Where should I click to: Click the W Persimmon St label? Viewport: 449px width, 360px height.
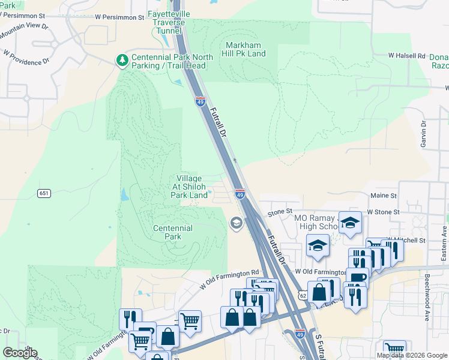(x=120, y=17)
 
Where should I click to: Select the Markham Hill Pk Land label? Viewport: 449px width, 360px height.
(x=246, y=49)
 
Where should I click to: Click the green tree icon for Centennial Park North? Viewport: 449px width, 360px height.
(x=122, y=60)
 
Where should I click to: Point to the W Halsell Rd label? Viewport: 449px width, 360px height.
(x=406, y=55)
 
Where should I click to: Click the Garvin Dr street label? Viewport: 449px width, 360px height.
(x=423, y=134)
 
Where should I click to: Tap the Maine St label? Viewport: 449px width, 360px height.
(x=384, y=196)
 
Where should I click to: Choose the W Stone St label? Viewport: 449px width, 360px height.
(x=383, y=212)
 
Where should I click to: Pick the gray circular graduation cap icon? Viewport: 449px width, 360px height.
(x=237, y=224)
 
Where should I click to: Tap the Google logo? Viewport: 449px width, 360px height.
(x=20, y=353)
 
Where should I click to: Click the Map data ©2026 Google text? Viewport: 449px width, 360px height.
(x=412, y=355)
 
